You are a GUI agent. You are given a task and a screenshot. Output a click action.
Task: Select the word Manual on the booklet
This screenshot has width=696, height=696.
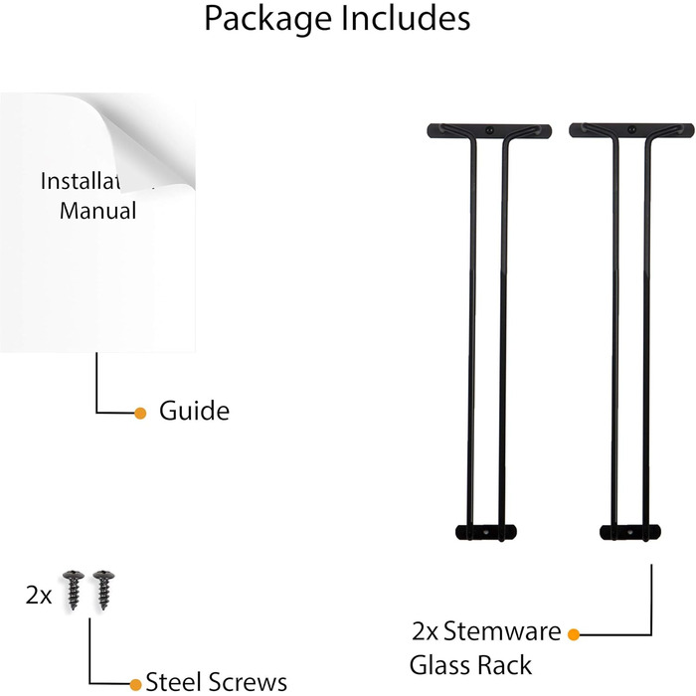[x=97, y=211]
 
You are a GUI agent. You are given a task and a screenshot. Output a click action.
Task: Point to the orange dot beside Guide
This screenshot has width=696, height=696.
[x=140, y=412]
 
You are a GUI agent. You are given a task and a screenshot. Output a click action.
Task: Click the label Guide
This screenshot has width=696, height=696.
[x=194, y=411]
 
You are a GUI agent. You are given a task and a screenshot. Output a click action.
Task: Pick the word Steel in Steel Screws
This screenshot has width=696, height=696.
[x=172, y=682]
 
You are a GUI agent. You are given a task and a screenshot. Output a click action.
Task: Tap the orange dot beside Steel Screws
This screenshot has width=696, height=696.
[x=136, y=684]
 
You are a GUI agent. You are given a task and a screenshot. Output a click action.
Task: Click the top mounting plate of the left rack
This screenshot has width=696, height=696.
[x=488, y=130]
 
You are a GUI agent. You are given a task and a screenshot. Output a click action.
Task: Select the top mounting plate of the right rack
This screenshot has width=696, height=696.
[x=631, y=130]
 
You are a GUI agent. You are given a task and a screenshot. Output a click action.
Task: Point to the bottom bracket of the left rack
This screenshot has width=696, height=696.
[x=487, y=531]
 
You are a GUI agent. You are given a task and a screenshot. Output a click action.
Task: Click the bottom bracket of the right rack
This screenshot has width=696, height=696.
[x=631, y=531]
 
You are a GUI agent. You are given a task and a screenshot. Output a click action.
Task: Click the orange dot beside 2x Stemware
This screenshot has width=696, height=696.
[x=574, y=632]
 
